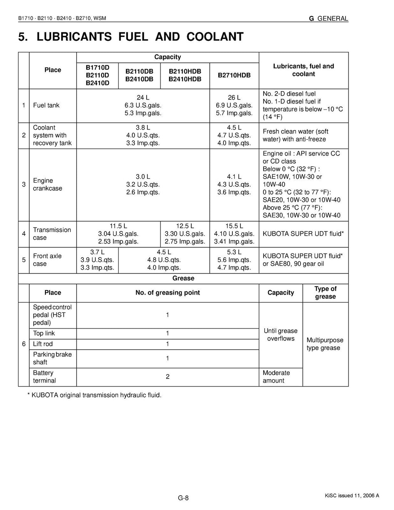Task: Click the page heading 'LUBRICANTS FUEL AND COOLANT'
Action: [x=131, y=37]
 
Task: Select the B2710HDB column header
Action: [x=234, y=75]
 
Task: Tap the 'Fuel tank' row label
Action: [x=46, y=105]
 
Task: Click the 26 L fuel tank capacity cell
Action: [x=234, y=105]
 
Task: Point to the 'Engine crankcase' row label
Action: [x=47, y=185]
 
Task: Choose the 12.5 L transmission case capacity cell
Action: [x=185, y=234]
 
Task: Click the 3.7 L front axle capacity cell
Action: [x=97, y=260]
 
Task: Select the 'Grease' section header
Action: [x=183, y=278]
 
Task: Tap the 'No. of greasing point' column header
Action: [x=167, y=293]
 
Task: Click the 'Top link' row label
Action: [x=44, y=333]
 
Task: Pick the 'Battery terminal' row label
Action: [x=44, y=377]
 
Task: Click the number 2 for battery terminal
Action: [x=167, y=377]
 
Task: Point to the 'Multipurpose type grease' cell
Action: [x=325, y=344]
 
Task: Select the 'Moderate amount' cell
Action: [x=276, y=377]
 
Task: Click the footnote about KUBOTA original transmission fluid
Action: [x=94, y=395]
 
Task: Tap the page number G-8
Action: [x=183, y=498]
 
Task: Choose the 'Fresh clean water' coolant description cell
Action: [x=295, y=135]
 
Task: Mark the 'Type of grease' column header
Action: [x=325, y=293]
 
